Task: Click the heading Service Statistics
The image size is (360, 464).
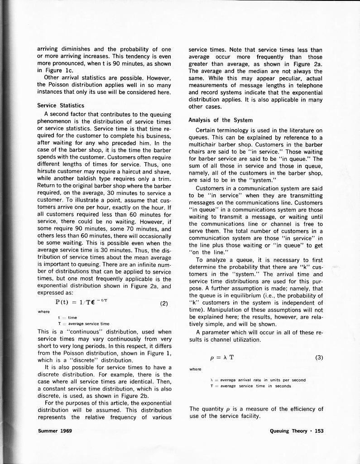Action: pos(61,106)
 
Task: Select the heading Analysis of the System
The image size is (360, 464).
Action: pos(221,120)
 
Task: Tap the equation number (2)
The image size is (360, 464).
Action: pos(164,304)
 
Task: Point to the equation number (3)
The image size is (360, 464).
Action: pos(319,357)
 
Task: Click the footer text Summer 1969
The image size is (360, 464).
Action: pos(53,430)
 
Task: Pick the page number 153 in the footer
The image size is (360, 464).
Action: pos(319,430)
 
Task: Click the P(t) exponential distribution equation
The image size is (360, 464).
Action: pos(82,303)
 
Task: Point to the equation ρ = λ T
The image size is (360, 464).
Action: pos(222,357)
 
